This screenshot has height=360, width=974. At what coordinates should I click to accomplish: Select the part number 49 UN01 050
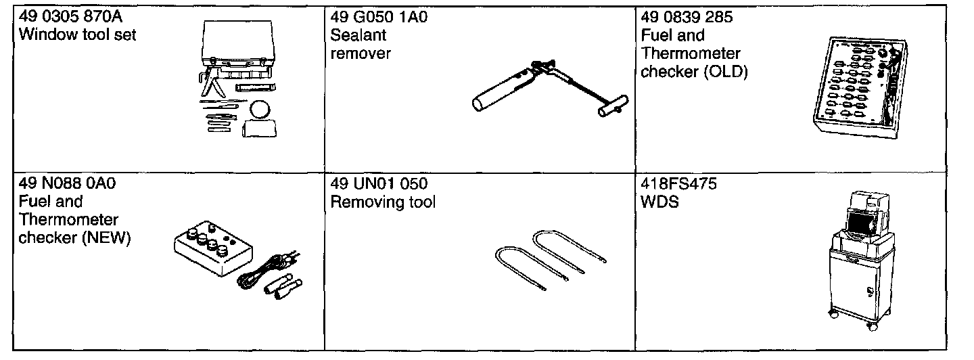[379, 184]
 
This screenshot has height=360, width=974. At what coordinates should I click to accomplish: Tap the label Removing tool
[383, 202]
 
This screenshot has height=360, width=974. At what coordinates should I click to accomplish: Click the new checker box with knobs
[212, 251]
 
